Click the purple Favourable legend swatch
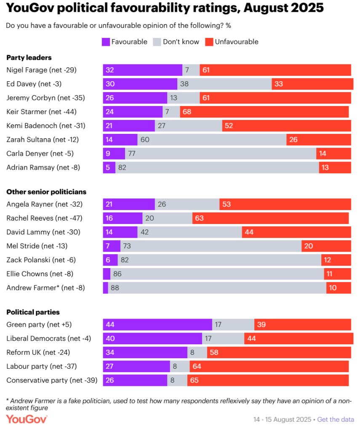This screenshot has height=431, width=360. [x=106, y=42]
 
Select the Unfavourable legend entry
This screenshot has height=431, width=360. [x=236, y=42]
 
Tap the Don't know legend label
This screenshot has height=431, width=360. [x=181, y=42]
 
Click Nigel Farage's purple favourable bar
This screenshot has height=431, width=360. [x=142, y=70]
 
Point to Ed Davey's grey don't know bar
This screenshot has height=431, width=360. [x=224, y=84]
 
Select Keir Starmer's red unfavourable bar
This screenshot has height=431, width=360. [x=264, y=112]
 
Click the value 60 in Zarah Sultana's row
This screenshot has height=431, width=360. [x=145, y=139]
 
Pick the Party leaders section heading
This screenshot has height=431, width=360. [x=29, y=58]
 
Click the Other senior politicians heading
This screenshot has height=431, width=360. [x=46, y=192]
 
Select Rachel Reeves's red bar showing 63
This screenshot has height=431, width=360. [x=270, y=218]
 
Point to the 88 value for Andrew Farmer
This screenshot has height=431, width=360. [x=114, y=288]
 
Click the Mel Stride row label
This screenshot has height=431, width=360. [x=37, y=246]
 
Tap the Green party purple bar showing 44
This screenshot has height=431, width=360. [x=157, y=325]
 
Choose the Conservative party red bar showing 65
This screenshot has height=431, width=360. [x=268, y=380]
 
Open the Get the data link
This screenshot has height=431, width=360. [x=335, y=419]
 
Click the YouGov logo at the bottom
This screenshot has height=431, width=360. [x=27, y=419]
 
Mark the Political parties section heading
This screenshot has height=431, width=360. [x=33, y=312]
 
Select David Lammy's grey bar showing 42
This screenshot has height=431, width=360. [x=189, y=232]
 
